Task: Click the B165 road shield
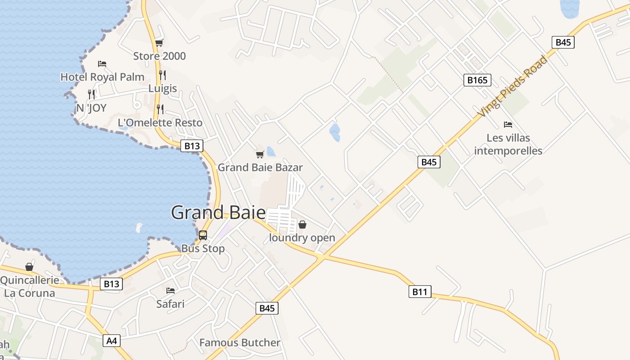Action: pos(477,80)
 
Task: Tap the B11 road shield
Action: pos(419,292)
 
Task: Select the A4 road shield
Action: pos(112,341)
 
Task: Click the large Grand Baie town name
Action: pos(218,212)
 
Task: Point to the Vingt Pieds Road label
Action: pos(513,86)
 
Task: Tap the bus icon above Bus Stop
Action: pos(203,235)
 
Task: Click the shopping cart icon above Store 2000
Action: pos(159,43)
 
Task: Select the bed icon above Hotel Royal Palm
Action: pos(102,64)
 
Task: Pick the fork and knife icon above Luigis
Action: pos(162,75)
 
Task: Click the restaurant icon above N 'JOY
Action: pos(91,94)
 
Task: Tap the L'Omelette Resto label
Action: pos(160,122)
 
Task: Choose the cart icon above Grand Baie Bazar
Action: pos(260,155)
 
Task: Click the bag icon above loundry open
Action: pos(302,224)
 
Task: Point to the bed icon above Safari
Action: pos(171,291)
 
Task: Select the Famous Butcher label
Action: pos(240,342)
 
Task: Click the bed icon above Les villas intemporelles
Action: pos(508,125)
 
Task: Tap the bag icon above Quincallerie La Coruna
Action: pos(29,267)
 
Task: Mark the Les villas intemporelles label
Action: pos(508,144)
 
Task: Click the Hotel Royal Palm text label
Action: pos(102,77)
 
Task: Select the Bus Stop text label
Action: pos(203,248)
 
